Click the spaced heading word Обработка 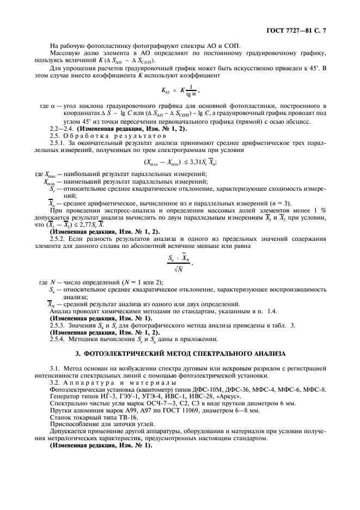[87, 135]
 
